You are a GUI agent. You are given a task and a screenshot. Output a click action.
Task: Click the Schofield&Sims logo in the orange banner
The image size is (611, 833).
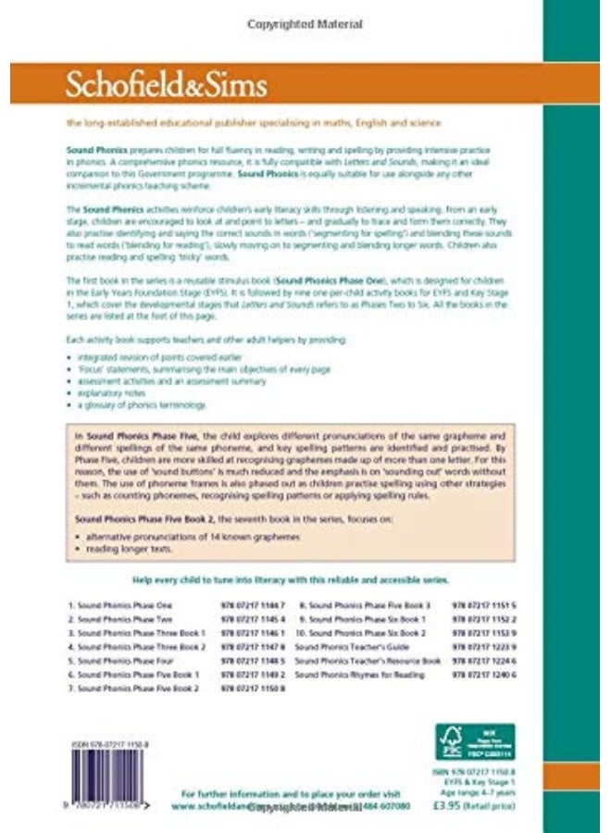(x=166, y=85)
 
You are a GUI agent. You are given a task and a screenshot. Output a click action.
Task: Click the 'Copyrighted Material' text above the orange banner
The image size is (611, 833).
(x=305, y=24)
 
